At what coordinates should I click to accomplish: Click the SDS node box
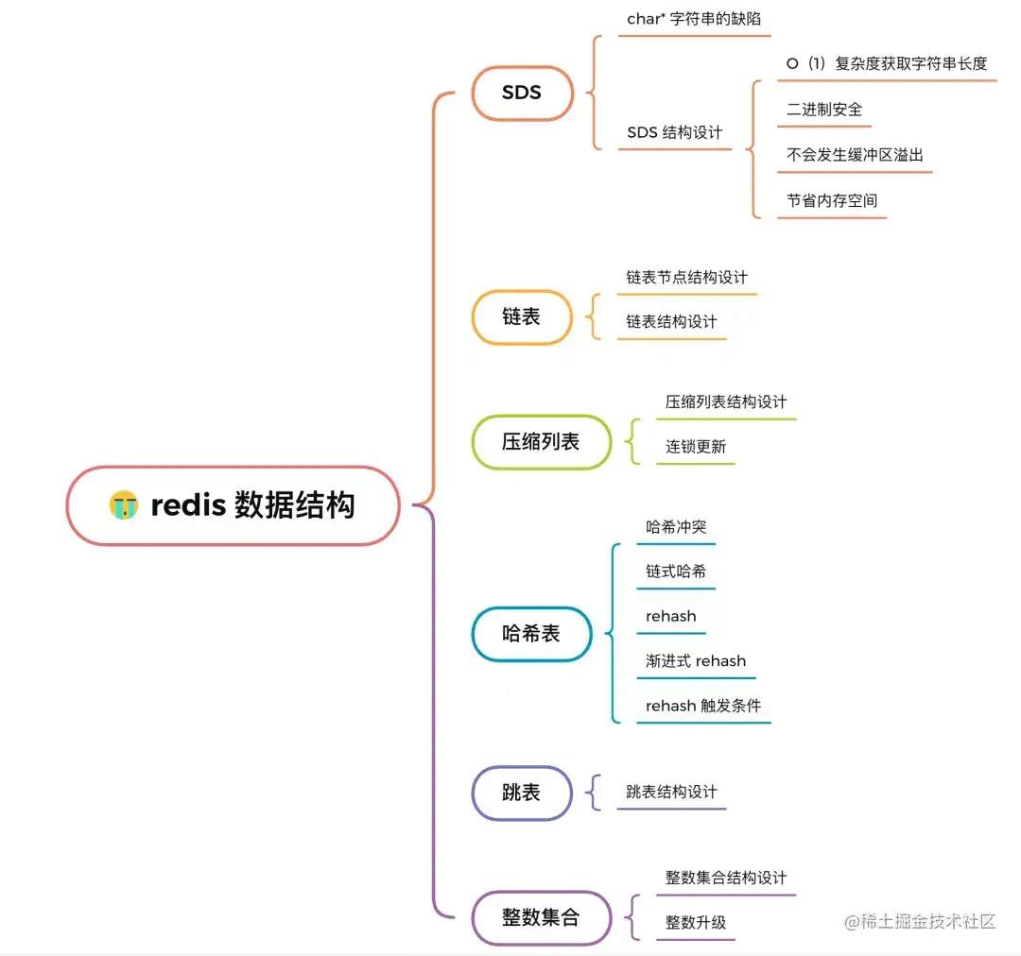[522, 93]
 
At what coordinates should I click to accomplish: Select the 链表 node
[521, 317]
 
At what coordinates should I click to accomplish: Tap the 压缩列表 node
[541, 441]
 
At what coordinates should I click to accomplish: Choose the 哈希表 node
[531, 634]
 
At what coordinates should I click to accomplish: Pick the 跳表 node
[521, 793]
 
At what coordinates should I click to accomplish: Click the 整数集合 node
[541, 917]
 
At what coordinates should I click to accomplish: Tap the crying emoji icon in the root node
[123, 505]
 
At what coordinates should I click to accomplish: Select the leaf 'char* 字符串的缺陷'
[692, 19]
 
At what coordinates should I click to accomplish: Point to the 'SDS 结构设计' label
[674, 132]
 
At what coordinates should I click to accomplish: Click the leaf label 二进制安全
[824, 110]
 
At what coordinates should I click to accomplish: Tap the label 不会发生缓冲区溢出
[855, 155]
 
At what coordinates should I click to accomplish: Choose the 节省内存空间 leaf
[832, 200]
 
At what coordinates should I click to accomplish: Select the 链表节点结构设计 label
[686, 278]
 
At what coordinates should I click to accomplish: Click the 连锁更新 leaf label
[696, 447]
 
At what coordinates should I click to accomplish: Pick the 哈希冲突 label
[676, 527]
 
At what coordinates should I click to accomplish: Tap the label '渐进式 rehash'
[696, 661]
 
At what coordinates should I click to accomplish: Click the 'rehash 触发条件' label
[703, 706]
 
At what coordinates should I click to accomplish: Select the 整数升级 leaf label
[696, 923]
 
